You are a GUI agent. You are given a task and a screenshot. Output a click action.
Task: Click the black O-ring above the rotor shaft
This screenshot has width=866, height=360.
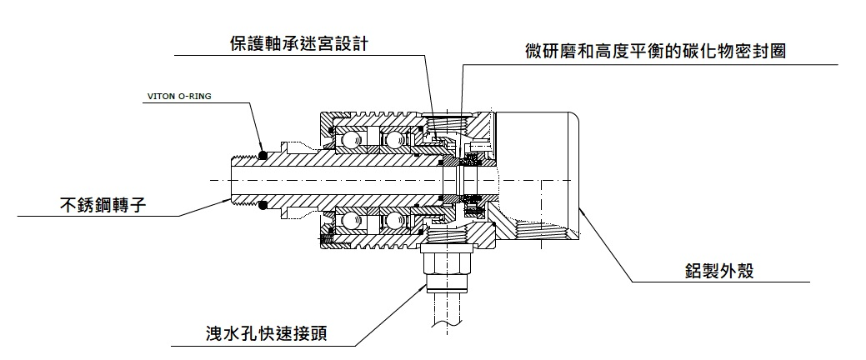coord(263,154)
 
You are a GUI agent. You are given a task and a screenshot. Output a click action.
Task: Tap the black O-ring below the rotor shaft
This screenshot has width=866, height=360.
coord(263,205)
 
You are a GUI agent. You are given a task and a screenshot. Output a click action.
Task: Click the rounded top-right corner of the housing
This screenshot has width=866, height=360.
coord(575,121)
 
